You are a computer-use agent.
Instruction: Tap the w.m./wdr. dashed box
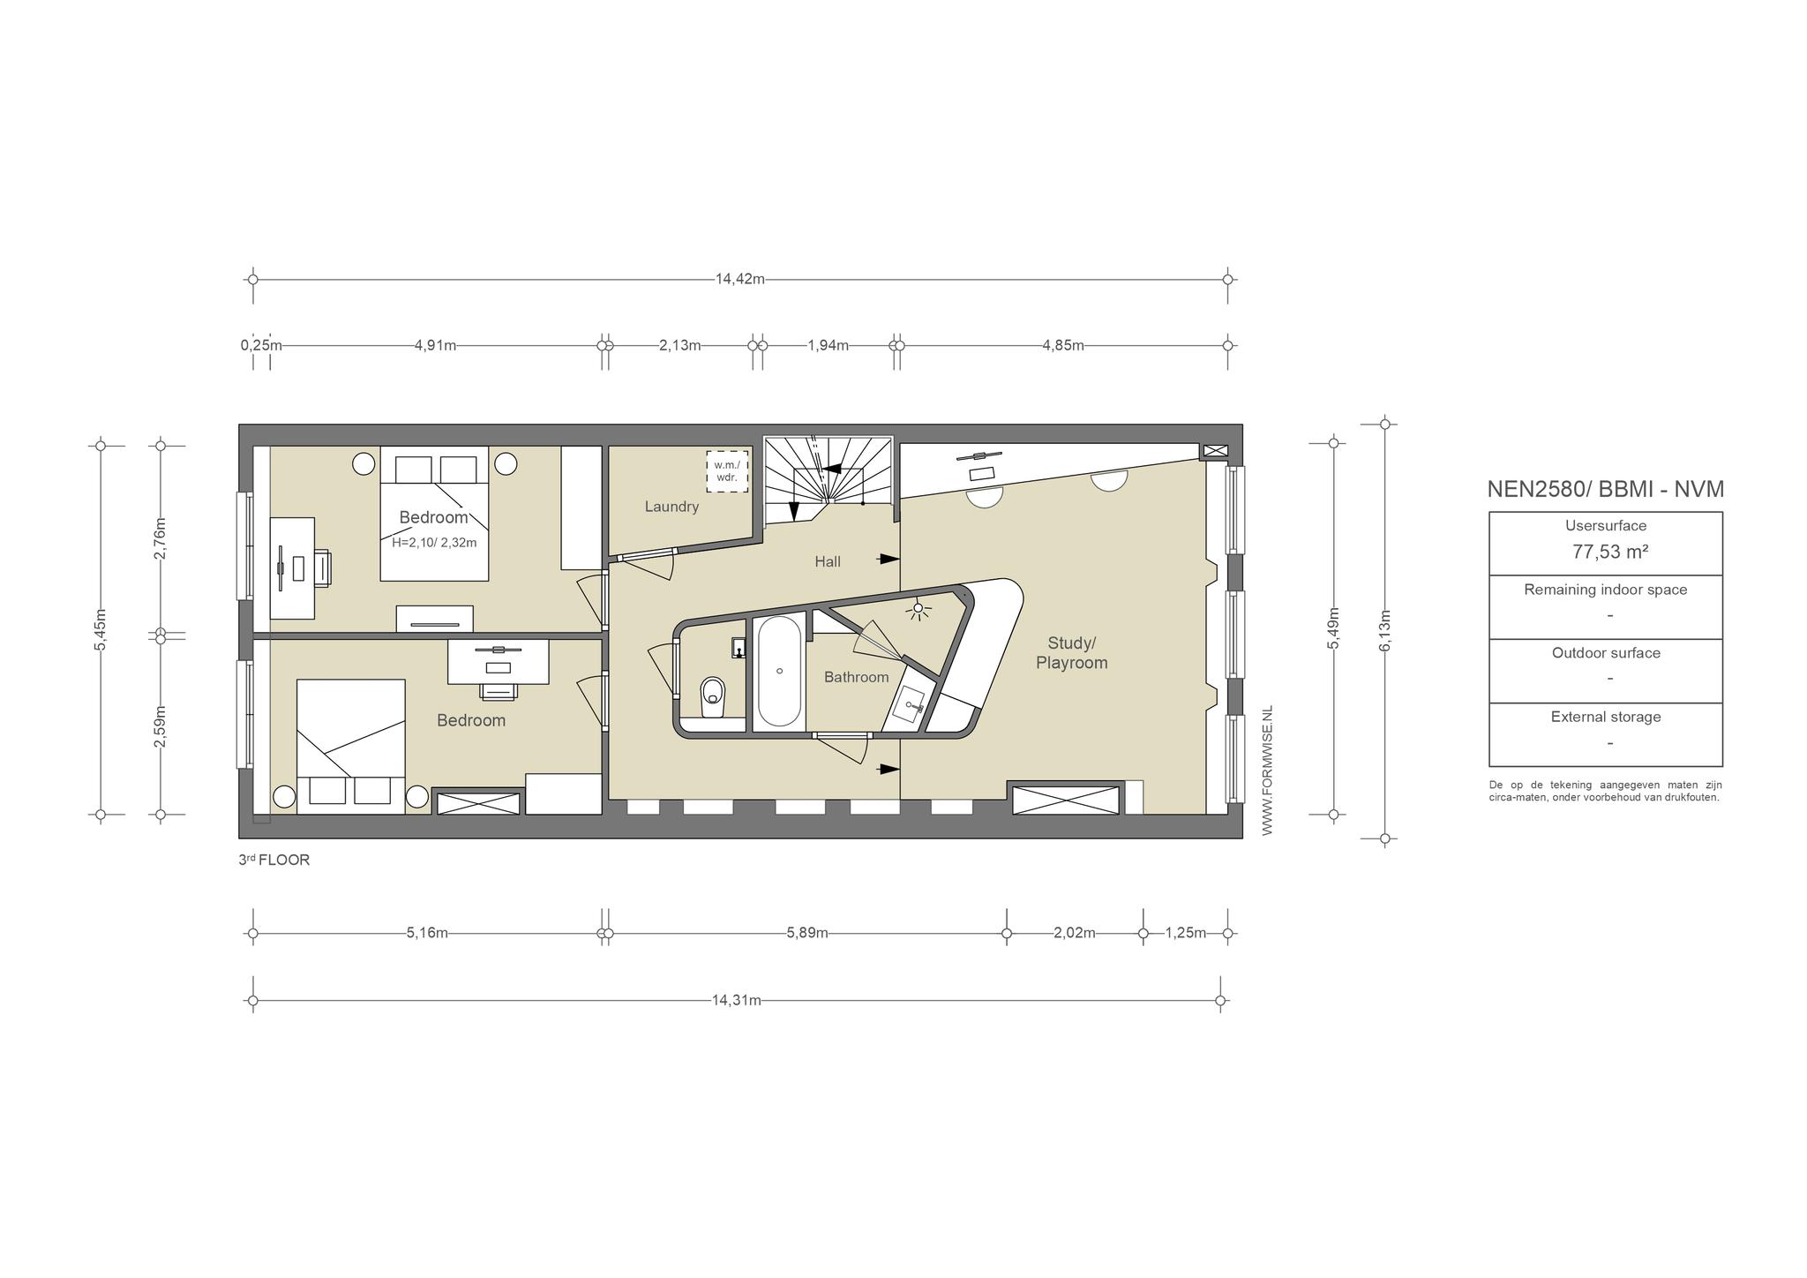point(727,471)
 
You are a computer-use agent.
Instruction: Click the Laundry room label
point(671,507)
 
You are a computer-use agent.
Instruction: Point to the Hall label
point(828,561)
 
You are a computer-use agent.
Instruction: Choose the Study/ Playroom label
point(1071,653)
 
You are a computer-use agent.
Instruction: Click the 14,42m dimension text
point(739,280)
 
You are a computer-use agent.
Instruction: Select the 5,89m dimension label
point(807,933)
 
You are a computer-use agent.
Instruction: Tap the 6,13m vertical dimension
point(1384,631)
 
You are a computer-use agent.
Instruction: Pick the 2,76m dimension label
point(160,538)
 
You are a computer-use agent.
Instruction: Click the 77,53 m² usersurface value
point(1611,553)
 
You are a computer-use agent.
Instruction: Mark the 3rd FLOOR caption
point(274,860)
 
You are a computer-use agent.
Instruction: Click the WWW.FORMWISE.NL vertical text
point(1268,771)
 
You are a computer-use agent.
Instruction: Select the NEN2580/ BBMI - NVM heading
point(1606,490)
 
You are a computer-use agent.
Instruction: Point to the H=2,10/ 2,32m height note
point(434,543)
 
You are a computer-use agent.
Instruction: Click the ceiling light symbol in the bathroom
point(919,608)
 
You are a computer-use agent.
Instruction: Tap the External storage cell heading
point(1606,717)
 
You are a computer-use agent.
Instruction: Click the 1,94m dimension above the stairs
point(828,345)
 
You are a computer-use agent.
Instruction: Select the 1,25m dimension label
point(1186,933)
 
